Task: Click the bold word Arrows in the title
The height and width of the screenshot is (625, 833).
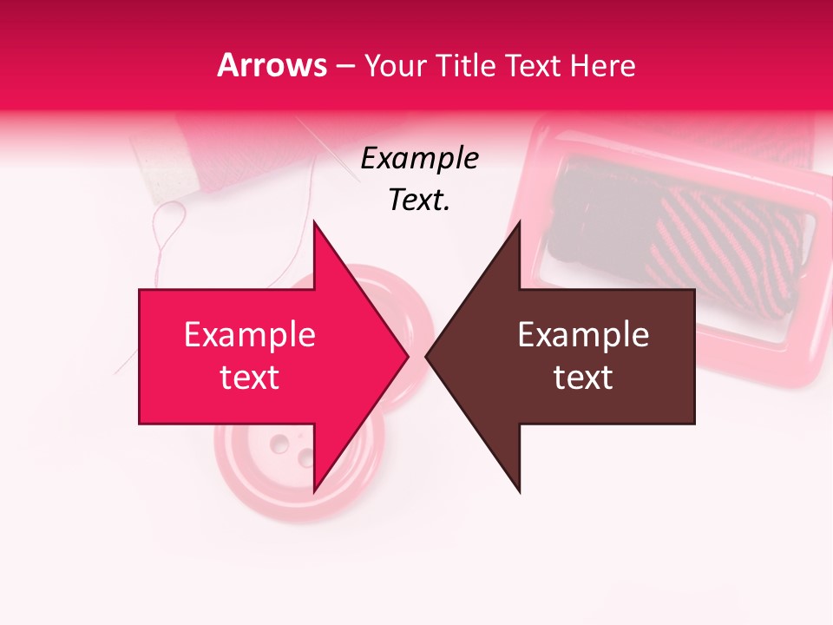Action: (272, 65)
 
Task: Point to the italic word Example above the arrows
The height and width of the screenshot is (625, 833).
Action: (420, 159)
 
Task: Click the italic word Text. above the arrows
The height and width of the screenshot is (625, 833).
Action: (420, 200)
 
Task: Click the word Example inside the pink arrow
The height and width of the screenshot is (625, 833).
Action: (250, 335)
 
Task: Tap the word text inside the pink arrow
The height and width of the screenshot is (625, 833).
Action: (250, 378)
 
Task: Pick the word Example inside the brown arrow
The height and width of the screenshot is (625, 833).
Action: (583, 335)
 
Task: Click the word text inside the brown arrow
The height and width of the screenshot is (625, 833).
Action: (583, 378)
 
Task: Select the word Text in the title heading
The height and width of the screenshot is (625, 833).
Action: (535, 65)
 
